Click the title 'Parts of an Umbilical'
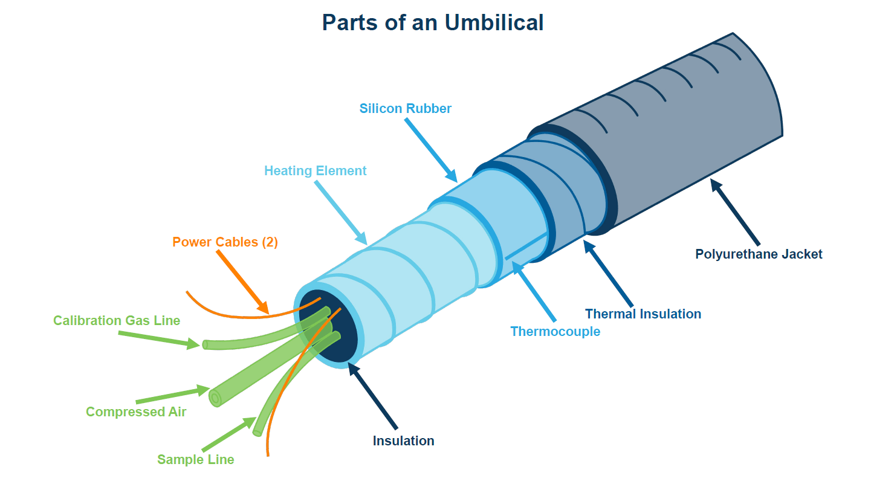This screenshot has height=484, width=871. tap(432, 22)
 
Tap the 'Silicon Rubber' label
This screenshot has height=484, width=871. tap(405, 109)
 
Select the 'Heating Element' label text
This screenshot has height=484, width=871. tap(315, 171)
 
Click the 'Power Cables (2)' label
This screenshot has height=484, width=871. tap(225, 242)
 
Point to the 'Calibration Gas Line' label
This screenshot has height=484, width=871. tap(117, 320)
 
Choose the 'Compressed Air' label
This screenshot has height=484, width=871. tap(136, 412)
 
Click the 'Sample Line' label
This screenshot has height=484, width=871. tap(195, 460)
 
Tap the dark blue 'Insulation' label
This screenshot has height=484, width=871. tap(403, 440)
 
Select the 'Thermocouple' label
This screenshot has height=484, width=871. tap(555, 331)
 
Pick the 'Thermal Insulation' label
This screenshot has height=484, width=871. tap(643, 314)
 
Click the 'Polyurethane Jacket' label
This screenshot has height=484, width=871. tap(759, 254)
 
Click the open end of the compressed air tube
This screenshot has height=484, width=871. tap(215, 398)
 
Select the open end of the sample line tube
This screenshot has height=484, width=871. tap(258, 432)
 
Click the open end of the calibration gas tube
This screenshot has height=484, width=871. tap(205, 344)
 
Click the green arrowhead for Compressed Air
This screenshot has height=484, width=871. tap(204, 390)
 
